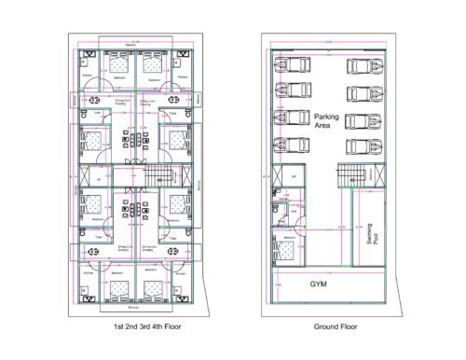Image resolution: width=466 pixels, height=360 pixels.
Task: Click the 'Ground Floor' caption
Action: tap(331, 327)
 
